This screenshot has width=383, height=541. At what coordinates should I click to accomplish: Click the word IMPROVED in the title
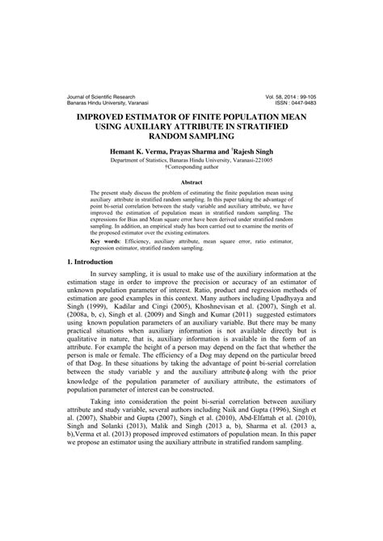107,117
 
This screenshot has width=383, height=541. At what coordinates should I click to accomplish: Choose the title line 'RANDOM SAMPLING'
191,138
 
